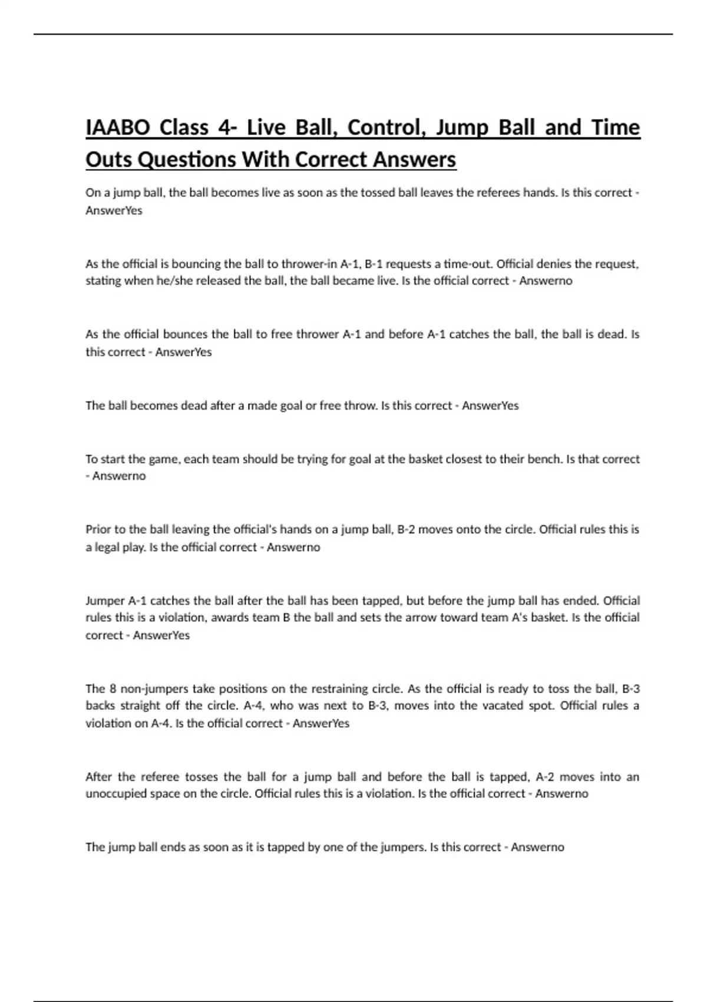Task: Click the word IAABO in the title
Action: [x=118, y=128]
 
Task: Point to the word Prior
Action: [x=98, y=529]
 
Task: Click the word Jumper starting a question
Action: [x=104, y=601]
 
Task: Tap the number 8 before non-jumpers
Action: [x=113, y=688]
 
